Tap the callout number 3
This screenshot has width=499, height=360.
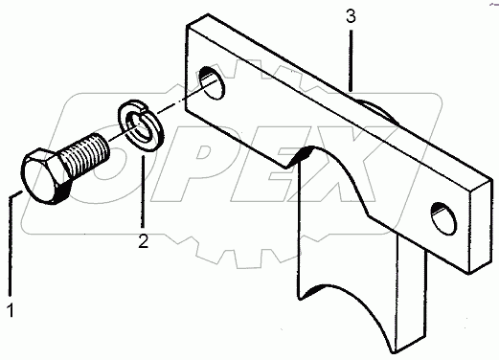[352, 16]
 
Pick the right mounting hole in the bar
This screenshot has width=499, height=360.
[442, 216]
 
